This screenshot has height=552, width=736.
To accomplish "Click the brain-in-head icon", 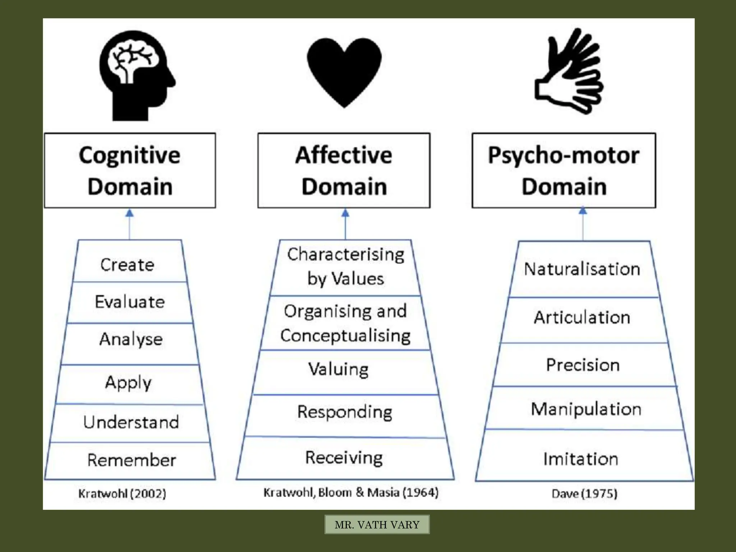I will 137,75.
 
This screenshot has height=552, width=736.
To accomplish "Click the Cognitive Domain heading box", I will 130,170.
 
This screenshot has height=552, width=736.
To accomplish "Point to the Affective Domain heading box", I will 344,170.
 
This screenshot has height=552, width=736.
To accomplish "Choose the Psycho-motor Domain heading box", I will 563,170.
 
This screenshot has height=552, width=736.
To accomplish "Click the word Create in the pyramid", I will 127,265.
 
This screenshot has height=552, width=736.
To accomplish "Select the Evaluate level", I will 130,302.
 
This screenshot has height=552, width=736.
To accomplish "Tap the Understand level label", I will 131,422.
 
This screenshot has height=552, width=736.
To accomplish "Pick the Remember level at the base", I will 132,460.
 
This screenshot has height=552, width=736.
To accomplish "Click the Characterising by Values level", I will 345,266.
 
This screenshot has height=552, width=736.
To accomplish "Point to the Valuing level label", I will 338,369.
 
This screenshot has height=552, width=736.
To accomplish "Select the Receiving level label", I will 344,458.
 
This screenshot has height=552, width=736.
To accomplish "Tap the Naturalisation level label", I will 582,269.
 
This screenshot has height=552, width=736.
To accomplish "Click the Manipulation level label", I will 586,409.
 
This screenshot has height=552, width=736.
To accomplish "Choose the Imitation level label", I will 581,459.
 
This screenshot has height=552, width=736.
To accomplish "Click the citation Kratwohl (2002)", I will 122,493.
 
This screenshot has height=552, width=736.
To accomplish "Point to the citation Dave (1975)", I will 584,493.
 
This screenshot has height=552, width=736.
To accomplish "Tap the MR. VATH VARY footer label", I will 377,525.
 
